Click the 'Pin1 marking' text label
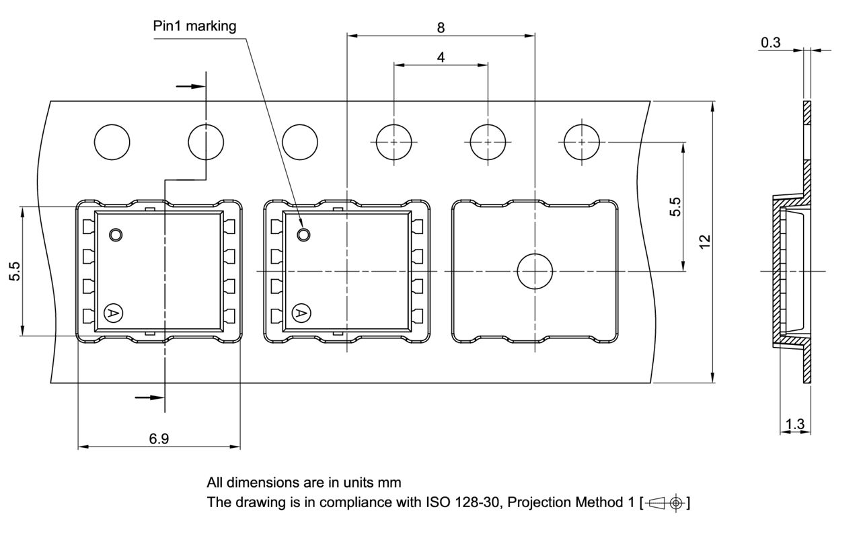(194, 27)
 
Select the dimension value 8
(441, 28)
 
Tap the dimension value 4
(441, 58)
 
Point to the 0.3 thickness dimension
(770, 43)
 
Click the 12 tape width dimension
(704, 242)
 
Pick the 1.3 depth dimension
(794, 424)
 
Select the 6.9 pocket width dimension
(159, 439)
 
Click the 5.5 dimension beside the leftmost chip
(15, 271)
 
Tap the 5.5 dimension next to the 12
(675, 206)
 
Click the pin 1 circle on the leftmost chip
(116, 235)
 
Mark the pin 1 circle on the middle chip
(304, 235)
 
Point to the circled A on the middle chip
(301, 313)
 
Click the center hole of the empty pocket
(534, 272)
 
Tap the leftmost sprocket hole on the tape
(112, 142)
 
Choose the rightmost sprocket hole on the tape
(581, 142)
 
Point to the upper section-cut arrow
(190, 86)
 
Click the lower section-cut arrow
(149, 397)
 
